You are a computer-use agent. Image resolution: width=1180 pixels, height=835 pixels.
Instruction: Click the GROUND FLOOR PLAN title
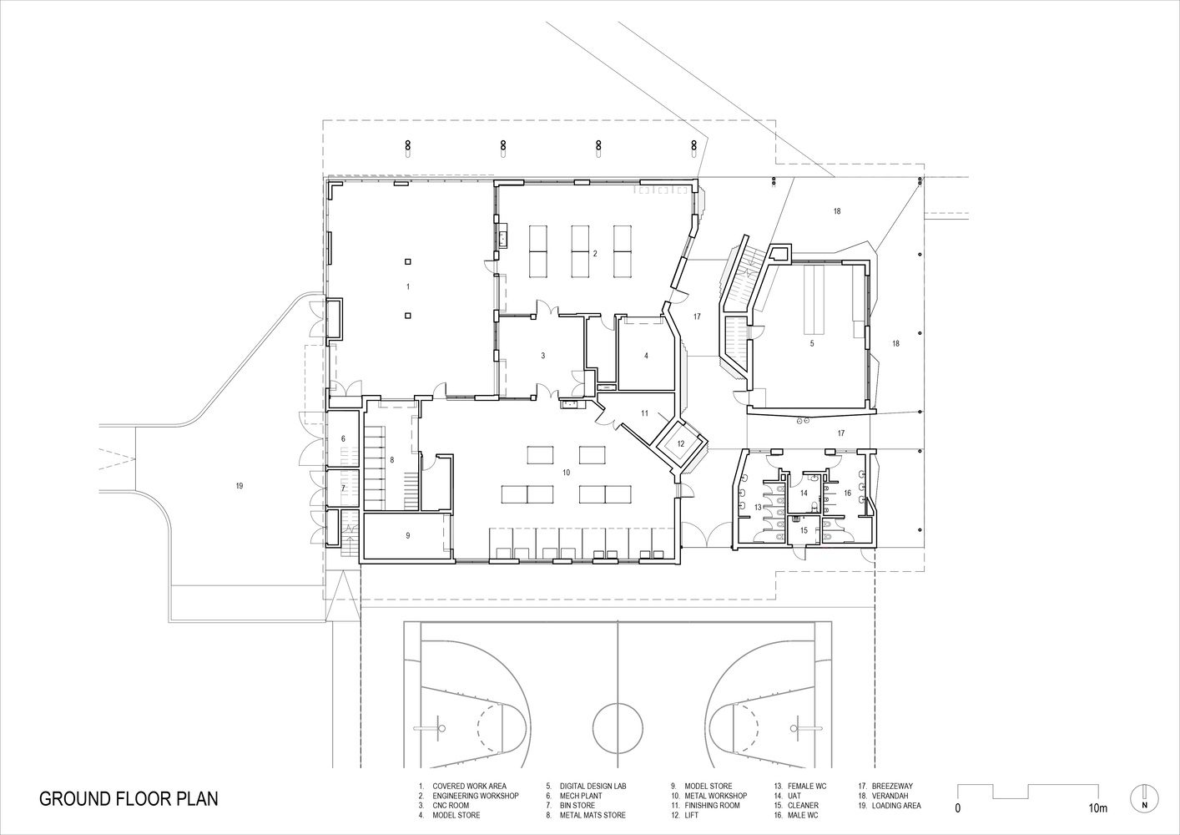129,798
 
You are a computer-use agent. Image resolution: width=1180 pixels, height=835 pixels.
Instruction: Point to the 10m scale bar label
1099,808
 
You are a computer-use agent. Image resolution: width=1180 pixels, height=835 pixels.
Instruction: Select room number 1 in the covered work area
408,286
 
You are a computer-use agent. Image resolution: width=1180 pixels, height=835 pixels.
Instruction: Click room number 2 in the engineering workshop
595,254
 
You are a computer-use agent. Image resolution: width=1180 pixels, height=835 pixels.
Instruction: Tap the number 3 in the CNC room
543,356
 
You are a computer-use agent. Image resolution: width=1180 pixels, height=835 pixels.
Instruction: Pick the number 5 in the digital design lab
812,343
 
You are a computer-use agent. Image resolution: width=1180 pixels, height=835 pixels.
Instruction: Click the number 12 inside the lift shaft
681,444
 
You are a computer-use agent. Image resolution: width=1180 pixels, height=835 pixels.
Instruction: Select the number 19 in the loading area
240,485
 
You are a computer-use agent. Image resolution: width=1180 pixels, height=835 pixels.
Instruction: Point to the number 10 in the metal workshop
567,473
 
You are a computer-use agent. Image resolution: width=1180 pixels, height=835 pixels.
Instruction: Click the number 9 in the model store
408,535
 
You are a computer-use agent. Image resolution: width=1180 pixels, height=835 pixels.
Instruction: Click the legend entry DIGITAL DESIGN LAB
593,787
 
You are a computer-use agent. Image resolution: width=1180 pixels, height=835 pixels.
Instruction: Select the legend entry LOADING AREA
896,806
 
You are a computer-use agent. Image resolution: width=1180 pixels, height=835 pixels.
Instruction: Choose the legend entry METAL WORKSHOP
716,796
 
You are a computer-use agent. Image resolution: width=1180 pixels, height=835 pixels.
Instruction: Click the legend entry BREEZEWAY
892,787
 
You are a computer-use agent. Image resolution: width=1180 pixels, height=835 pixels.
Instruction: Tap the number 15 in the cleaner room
804,530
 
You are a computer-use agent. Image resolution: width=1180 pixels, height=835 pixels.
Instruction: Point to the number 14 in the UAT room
804,493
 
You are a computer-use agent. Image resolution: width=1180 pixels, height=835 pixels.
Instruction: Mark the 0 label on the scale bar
958,808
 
